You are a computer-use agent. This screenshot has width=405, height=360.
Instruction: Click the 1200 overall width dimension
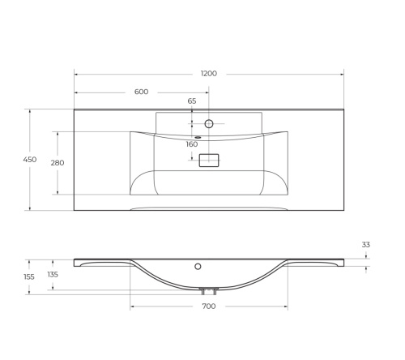(208, 74)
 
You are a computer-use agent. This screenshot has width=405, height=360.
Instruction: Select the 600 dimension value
(141, 92)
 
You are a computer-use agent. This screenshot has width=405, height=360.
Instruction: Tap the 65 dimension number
(192, 101)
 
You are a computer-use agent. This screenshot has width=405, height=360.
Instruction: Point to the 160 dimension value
(192, 144)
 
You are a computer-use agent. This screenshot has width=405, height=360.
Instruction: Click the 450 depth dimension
(29, 160)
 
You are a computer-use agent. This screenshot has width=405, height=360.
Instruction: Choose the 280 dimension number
(58, 163)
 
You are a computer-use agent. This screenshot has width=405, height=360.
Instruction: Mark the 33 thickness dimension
(366, 244)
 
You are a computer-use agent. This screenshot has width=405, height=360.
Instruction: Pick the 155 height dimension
(29, 276)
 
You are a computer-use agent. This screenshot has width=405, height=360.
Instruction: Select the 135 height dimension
(53, 274)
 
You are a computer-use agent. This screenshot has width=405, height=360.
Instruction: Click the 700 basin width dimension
(208, 306)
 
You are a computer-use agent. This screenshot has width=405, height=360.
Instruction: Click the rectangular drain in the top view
(209, 161)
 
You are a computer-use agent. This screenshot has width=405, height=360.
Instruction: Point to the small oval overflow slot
(195, 136)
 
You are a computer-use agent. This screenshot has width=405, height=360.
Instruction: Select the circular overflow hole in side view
(198, 265)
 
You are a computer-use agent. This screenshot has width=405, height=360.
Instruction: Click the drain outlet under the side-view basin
(209, 290)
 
